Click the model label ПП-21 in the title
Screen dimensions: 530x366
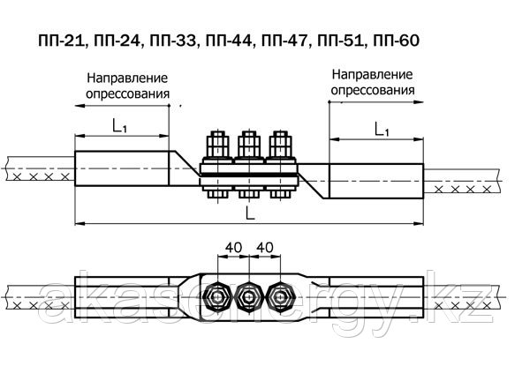tap(60, 41)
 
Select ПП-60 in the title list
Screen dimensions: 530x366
tap(396, 41)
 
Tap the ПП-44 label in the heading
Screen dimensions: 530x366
tap(228, 41)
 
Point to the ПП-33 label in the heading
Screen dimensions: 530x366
tap(172, 41)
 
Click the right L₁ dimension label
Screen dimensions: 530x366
tap(382, 129)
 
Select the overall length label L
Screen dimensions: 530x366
tap(249, 213)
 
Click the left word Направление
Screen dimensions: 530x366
tap(127, 78)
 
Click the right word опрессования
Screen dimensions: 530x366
tap(373, 90)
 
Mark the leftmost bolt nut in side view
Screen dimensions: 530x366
tap(217, 144)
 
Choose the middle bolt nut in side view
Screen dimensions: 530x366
tap(249, 144)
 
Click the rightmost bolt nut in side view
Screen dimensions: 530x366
tap(281, 144)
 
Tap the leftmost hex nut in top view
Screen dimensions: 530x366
tap(218, 297)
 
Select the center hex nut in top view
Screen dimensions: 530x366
tap(249, 297)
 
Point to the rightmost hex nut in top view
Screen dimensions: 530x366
tap(281, 297)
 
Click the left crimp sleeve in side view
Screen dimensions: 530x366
tap(122, 168)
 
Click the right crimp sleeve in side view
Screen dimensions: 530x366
tap(376, 181)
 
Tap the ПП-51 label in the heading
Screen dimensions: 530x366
tap(340, 41)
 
